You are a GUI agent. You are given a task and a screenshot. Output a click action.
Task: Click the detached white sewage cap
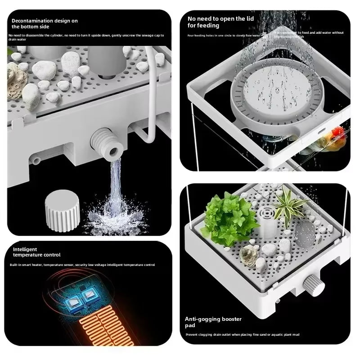pos(62,211)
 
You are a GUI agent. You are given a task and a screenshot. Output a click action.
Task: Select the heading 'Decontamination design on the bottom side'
pos(44,24)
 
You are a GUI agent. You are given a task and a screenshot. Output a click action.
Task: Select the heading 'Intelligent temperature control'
pos(36,252)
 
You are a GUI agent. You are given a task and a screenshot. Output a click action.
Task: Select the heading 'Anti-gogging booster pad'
pos(213,322)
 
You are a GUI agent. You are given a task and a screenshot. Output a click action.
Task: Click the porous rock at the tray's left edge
pos(17,81)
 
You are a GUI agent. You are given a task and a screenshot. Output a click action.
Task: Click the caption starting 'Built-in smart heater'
pos(82,265)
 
